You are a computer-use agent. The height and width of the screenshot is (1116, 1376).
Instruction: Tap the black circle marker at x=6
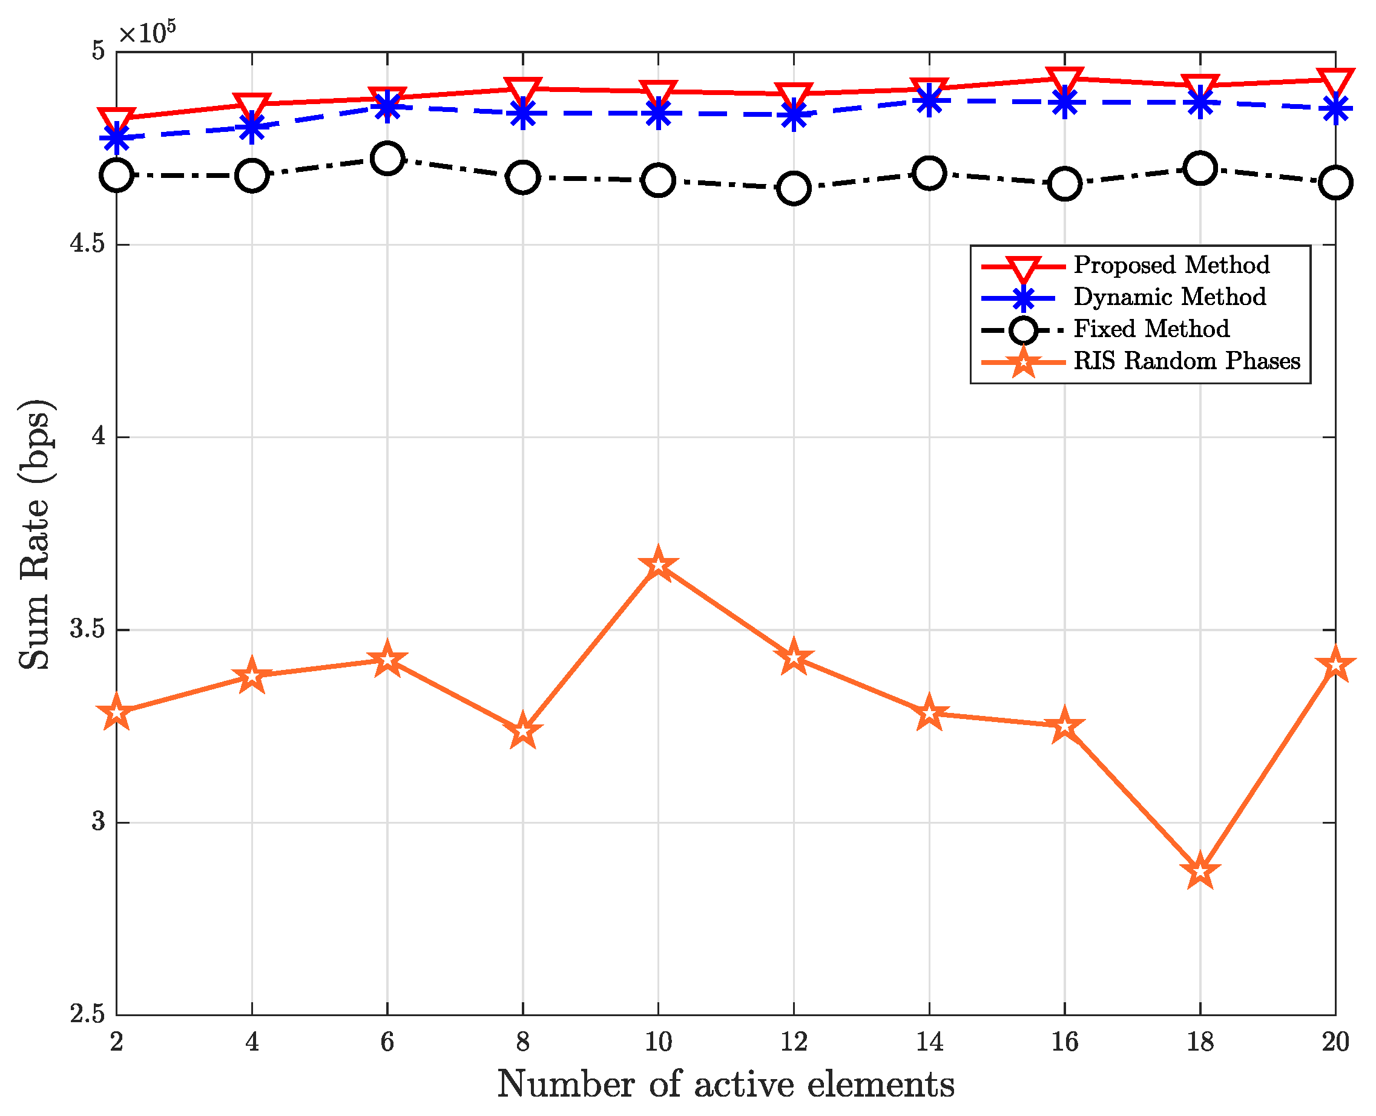point(387,159)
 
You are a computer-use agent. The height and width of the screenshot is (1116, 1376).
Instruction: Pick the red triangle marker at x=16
point(1064,80)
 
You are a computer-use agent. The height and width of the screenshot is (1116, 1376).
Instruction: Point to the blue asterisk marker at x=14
point(929,101)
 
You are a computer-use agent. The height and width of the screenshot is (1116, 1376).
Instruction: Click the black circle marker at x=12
point(794,189)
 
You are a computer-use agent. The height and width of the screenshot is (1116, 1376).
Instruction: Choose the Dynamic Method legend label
point(1170,297)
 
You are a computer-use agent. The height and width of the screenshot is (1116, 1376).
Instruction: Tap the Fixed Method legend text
point(1151,329)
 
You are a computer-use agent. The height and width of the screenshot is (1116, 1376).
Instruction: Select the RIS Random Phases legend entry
point(1187,361)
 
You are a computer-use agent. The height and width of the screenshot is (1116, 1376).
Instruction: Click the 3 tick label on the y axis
point(97,822)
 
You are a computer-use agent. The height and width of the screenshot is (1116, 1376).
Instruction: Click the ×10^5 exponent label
point(146,32)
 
